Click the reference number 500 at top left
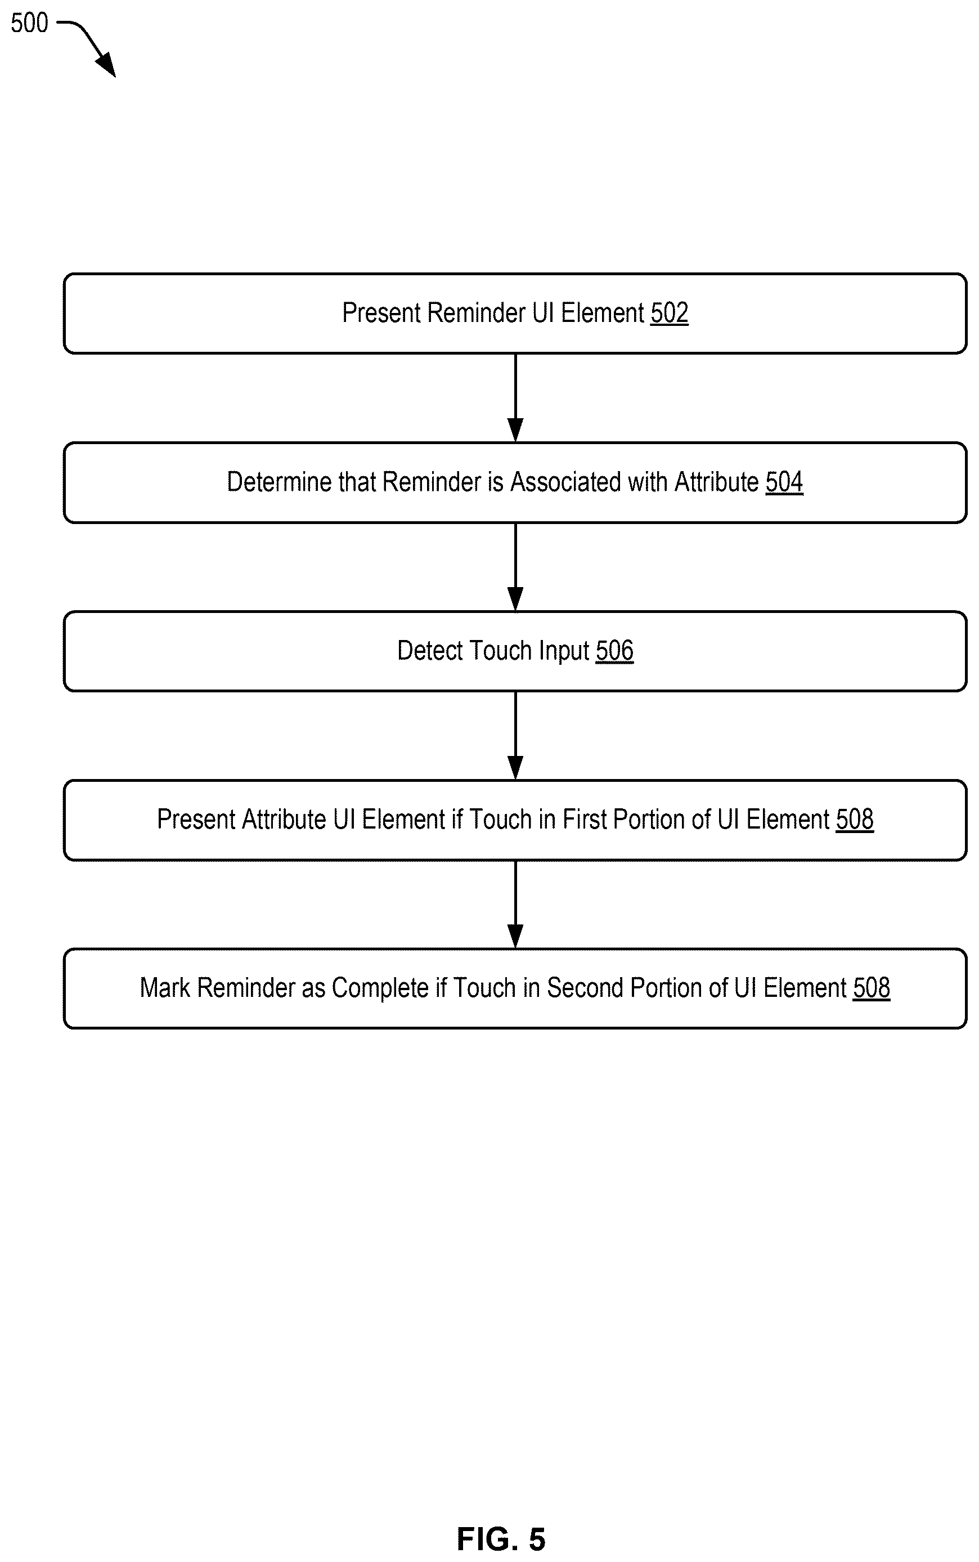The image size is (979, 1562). pos(29,23)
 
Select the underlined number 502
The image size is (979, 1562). pos(669,313)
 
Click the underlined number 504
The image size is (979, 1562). pos(784,482)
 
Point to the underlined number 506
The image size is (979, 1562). pos(614,650)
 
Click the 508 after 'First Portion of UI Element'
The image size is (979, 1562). pos(855,819)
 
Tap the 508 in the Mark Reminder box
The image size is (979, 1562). pos(872,988)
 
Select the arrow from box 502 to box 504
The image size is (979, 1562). pos(515,397)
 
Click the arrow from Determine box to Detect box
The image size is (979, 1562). pos(515,567)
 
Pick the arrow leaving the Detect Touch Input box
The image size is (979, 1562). pos(515,736)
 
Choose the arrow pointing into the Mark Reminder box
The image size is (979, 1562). pos(515,905)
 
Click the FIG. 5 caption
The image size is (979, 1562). pos(501,1539)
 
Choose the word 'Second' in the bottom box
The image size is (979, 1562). pos(585,988)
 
